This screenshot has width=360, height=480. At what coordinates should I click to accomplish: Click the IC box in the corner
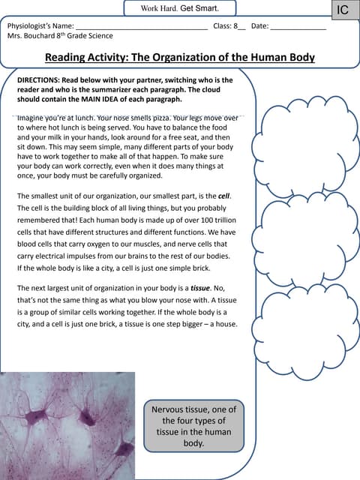point(343,10)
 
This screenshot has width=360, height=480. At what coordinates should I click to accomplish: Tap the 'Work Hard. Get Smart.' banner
point(180,8)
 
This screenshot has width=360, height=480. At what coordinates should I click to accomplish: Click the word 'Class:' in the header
point(223,26)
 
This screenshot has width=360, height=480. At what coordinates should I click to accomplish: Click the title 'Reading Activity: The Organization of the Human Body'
point(180,58)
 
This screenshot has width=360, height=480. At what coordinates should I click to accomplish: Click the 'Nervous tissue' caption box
point(193,426)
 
